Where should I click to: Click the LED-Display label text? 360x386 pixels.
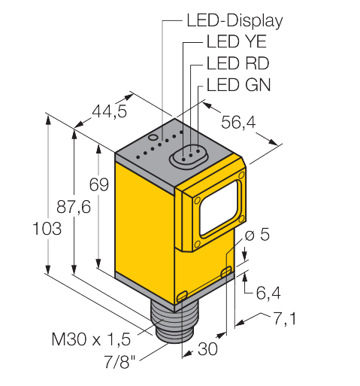pos(234,21)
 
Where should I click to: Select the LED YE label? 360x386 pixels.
pos(236,41)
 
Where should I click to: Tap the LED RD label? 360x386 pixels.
pos(237,63)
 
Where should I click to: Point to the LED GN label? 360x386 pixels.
pos(238,85)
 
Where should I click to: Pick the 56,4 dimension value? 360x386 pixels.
pos(238,122)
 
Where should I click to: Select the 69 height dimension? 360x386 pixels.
pos(99,184)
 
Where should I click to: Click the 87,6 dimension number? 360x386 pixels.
pos(74,207)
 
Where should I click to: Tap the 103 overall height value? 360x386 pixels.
pos(47,229)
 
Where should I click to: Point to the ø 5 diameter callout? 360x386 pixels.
pos(257,235)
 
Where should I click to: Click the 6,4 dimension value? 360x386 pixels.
pos(268,293)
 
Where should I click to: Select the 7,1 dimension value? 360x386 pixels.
pos(284,318)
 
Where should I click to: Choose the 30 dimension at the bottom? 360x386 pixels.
pos(207,349)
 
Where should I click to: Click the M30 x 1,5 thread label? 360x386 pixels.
pos(91,339)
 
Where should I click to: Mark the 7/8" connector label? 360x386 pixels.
pos(119,361)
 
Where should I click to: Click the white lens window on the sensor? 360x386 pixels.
pos(219,208)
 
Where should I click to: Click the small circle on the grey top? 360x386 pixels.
pos(153,137)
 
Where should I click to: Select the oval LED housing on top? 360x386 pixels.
pos(189,157)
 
